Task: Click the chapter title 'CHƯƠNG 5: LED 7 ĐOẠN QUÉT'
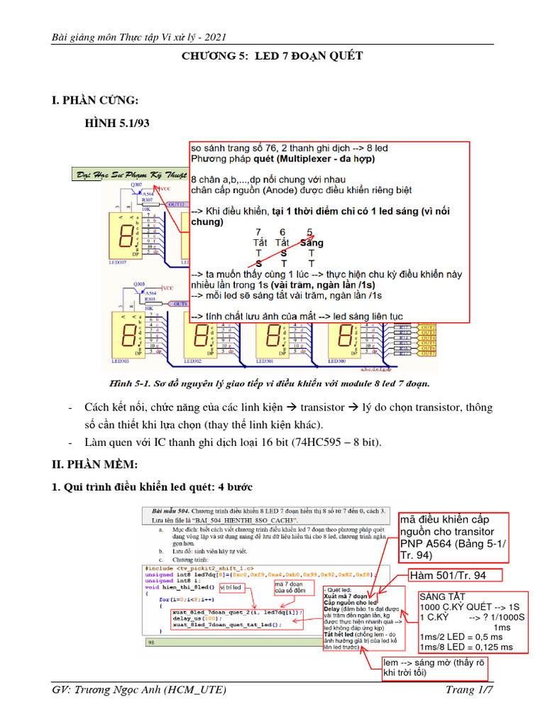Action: coord(272,56)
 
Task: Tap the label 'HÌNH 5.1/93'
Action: coord(118,124)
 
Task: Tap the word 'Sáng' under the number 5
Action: coord(311,243)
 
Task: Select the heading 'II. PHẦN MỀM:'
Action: coord(97,464)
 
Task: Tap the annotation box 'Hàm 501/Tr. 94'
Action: coord(447,575)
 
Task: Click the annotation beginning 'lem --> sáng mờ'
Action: coord(434,666)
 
